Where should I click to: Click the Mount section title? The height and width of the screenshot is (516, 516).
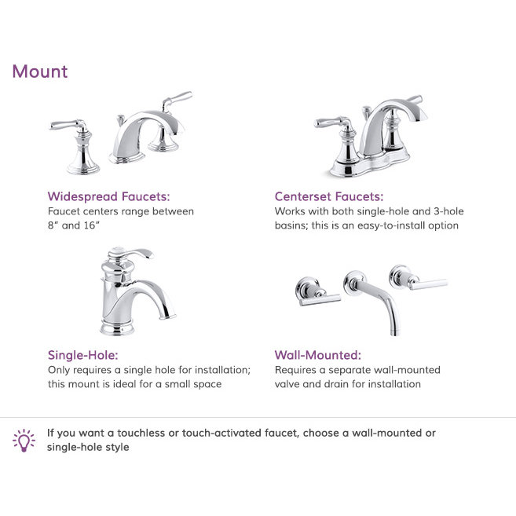tap(39, 71)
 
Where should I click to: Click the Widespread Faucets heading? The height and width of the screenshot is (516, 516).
tap(108, 196)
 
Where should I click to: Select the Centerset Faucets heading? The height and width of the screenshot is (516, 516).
tap(329, 196)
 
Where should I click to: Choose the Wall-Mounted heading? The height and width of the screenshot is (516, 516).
tap(317, 355)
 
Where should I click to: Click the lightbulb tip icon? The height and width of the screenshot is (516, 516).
tap(24, 440)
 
